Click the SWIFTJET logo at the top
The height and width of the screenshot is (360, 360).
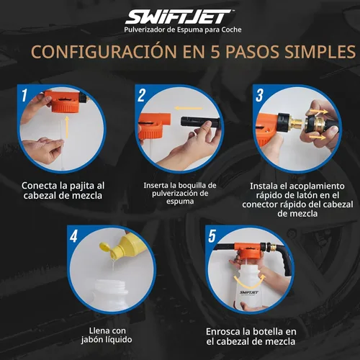(179, 16)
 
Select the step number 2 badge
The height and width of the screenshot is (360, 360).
(142, 94)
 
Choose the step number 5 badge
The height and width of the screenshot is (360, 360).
(212, 235)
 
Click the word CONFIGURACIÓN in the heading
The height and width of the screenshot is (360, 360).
(99, 53)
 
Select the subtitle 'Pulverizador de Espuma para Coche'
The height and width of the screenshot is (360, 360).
(179, 30)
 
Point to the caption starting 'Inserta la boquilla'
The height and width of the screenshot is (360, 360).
(179, 193)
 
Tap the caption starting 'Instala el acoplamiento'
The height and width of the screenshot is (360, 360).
(297, 198)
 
